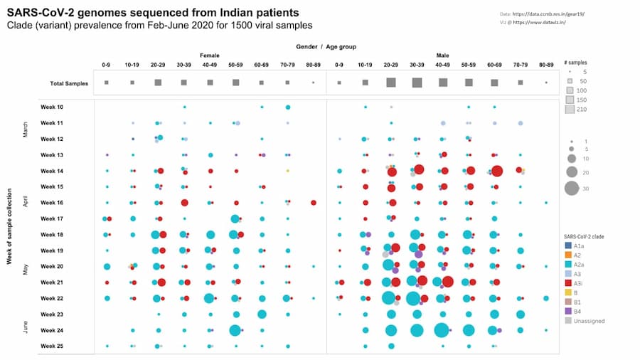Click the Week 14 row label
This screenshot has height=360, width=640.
(x=52, y=171)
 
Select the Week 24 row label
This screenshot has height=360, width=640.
(x=52, y=330)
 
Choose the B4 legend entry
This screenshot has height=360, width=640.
(x=573, y=311)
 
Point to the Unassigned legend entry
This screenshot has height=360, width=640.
(x=583, y=320)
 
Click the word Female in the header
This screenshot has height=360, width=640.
(x=209, y=55)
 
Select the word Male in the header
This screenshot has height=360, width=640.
(x=442, y=55)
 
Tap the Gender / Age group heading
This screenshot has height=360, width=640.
(x=326, y=46)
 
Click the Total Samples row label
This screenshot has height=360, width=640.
(x=69, y=83)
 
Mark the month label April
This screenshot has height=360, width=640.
(x=26, y=203)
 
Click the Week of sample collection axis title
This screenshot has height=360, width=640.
(x=9, y=226)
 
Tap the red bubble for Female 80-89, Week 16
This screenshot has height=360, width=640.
(x=314, y=203)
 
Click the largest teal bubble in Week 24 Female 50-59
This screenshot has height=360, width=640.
(x=235, y=330)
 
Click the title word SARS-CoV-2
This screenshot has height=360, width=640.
(x=36, y=13)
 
